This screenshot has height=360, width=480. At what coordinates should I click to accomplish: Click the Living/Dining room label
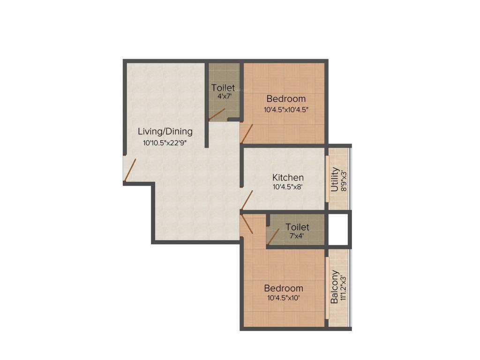(165, 131)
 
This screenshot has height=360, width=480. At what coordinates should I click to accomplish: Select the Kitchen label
(288, 178)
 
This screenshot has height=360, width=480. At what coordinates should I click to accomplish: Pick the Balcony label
(335, 287)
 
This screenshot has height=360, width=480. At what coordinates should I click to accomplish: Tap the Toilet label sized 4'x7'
(223, 88)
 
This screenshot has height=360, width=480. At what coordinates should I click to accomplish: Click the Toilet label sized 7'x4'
(297, 227)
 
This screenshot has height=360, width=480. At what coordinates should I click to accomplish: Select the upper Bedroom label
(286, 98)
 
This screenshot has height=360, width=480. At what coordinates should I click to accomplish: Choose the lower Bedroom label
(283, 288)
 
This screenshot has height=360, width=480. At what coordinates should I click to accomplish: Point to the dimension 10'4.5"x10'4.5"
(286, 110)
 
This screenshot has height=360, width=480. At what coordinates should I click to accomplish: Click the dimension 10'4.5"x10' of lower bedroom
(283, 298)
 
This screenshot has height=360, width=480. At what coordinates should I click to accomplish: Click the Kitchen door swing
(247, 200)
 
